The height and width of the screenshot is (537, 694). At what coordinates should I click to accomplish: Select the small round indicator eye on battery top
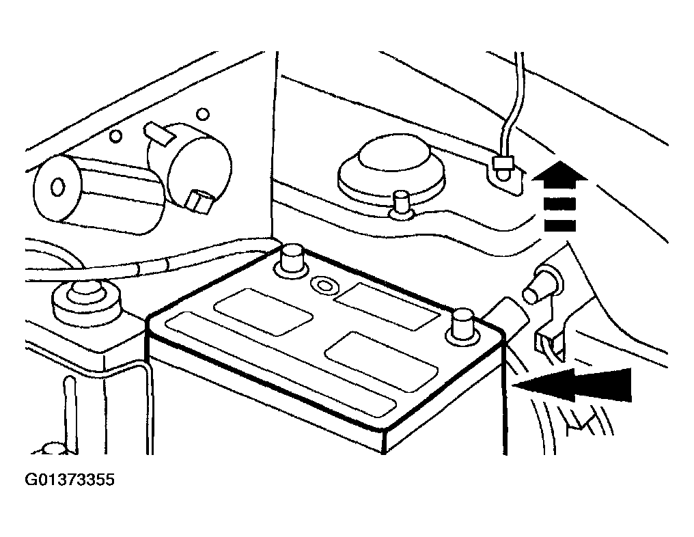[324, 285]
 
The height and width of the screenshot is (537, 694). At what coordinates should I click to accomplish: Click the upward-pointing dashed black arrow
[559, 195]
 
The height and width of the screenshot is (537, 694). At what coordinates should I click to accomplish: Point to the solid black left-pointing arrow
[572, 384]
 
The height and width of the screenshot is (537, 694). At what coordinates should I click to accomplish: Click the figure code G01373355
[70, 480]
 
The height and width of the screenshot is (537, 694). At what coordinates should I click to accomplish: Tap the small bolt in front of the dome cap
[401, 205]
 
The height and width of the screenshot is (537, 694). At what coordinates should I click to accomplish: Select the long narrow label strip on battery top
[281, 364]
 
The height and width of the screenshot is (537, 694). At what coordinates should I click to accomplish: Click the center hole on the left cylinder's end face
[57, 187]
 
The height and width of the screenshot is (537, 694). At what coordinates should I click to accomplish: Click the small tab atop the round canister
[158, 135]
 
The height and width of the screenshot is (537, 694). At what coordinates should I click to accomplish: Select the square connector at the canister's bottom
[199, 202]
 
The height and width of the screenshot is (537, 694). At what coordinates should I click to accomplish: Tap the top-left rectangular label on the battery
[264, 312]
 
